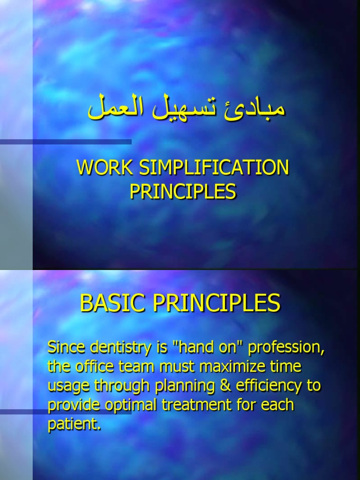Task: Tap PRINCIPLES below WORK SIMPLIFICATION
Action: (x=183, y=191)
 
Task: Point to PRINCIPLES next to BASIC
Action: (x=217, y=303)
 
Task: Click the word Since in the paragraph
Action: (x=65, y=348)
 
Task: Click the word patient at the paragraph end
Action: (x=74, y=424)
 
